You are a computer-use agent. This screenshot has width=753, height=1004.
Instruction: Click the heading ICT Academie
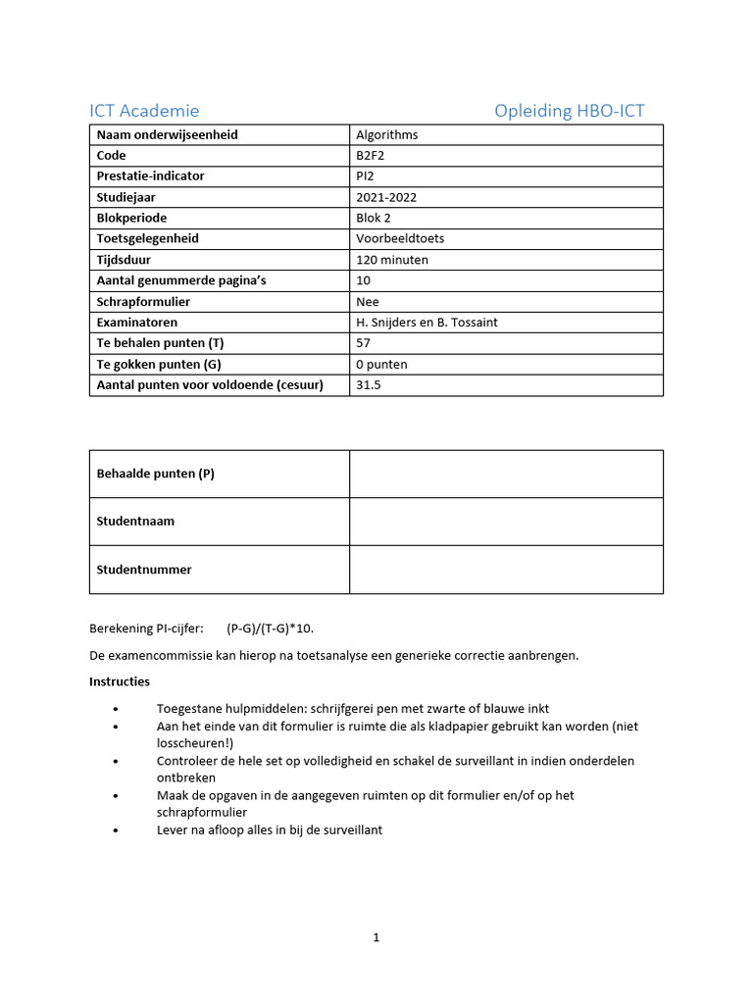click(144, 111)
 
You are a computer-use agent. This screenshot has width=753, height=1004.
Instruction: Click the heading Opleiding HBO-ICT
click(569, 111)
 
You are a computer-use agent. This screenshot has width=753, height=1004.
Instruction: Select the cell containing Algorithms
click(386, 135)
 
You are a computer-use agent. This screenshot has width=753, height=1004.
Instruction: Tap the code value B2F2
click(372, 156)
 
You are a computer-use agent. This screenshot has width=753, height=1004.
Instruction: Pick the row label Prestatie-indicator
click(150, 176)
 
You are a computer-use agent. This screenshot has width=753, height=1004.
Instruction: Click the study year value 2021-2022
click(386, 197)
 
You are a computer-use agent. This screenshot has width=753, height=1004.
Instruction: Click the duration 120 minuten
click(392, 260)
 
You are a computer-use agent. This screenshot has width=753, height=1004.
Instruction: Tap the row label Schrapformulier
click(143, 302)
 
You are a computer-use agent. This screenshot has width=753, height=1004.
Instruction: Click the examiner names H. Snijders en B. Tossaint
click(432, 323)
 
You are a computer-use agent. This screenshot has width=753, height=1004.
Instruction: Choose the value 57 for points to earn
click(364, 343)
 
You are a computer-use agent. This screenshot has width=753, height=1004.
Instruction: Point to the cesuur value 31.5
click(369, 385)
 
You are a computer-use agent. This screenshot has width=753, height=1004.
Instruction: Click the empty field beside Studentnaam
click(506, 522)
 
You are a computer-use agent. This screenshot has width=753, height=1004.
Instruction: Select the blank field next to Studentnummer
click(506, 570)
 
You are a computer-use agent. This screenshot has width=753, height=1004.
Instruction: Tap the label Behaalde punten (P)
click(155, 474)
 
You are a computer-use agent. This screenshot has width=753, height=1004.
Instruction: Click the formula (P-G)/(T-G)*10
click(271, 628)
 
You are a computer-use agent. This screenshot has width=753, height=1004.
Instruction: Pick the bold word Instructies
click(120, 681)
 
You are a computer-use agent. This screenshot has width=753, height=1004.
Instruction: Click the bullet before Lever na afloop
click(117, 830)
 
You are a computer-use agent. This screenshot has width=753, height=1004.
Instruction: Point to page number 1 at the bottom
click(376, 937)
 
